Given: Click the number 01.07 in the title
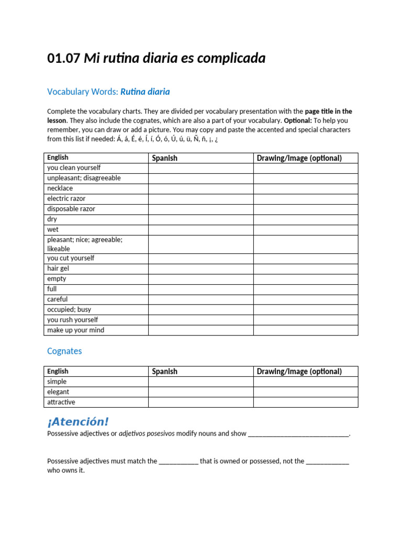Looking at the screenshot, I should (x=63, y=59).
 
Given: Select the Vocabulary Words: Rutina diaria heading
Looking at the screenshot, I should (x=108, y=92).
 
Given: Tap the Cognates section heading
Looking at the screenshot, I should (x=64, y=351).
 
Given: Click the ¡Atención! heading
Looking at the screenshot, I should (x=78, y=422).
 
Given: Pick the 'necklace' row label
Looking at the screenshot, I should (x=60, y=188).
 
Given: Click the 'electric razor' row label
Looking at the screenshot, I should (x=66, y=199).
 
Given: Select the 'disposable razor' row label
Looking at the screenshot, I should (x=71, y=209).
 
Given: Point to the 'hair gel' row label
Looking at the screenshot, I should (x=58, y=269).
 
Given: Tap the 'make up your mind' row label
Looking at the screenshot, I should (x=76, y=330).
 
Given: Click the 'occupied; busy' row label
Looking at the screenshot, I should (x=69, y=309).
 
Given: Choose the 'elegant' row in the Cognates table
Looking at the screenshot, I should (x=58, y=392).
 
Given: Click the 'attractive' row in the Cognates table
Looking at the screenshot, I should (x=61, y=402).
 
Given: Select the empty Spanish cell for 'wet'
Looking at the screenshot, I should (x=200, y=230).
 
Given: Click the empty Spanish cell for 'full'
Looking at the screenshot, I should (x=200, y=289).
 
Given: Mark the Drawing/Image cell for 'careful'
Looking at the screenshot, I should (x=306, y=299).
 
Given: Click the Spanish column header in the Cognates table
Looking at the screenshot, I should (x=165, y=372).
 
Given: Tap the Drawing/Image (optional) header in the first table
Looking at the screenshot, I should (x=299, y=158).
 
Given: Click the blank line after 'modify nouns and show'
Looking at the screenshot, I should (x=298, y=434).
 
